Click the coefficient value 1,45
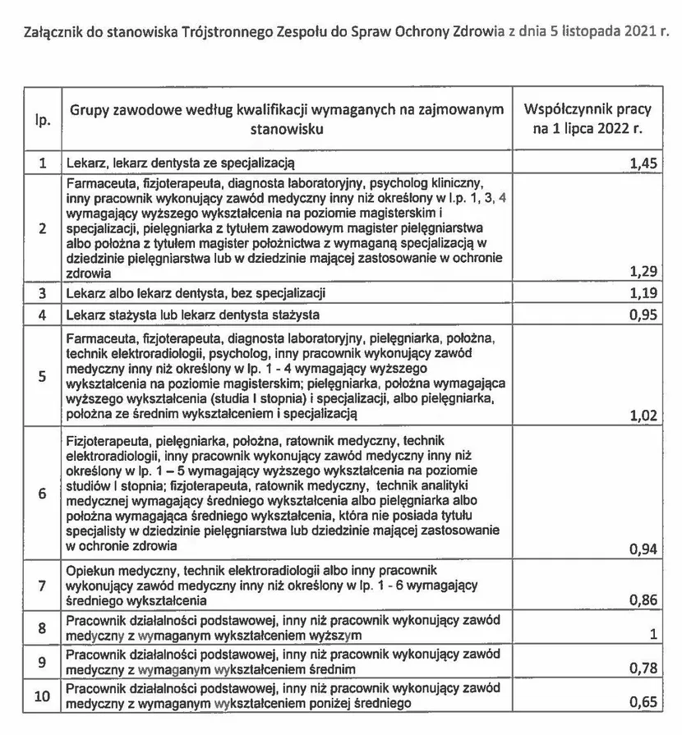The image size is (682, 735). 643,163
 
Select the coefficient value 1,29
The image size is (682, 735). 643,272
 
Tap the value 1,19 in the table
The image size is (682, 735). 643,292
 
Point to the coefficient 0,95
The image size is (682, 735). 643,314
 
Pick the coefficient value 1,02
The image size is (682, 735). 643,416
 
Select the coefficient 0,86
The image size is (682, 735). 643,601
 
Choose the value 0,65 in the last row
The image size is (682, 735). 643,703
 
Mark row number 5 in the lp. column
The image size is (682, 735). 43,376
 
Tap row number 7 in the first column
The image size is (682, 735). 43,586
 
